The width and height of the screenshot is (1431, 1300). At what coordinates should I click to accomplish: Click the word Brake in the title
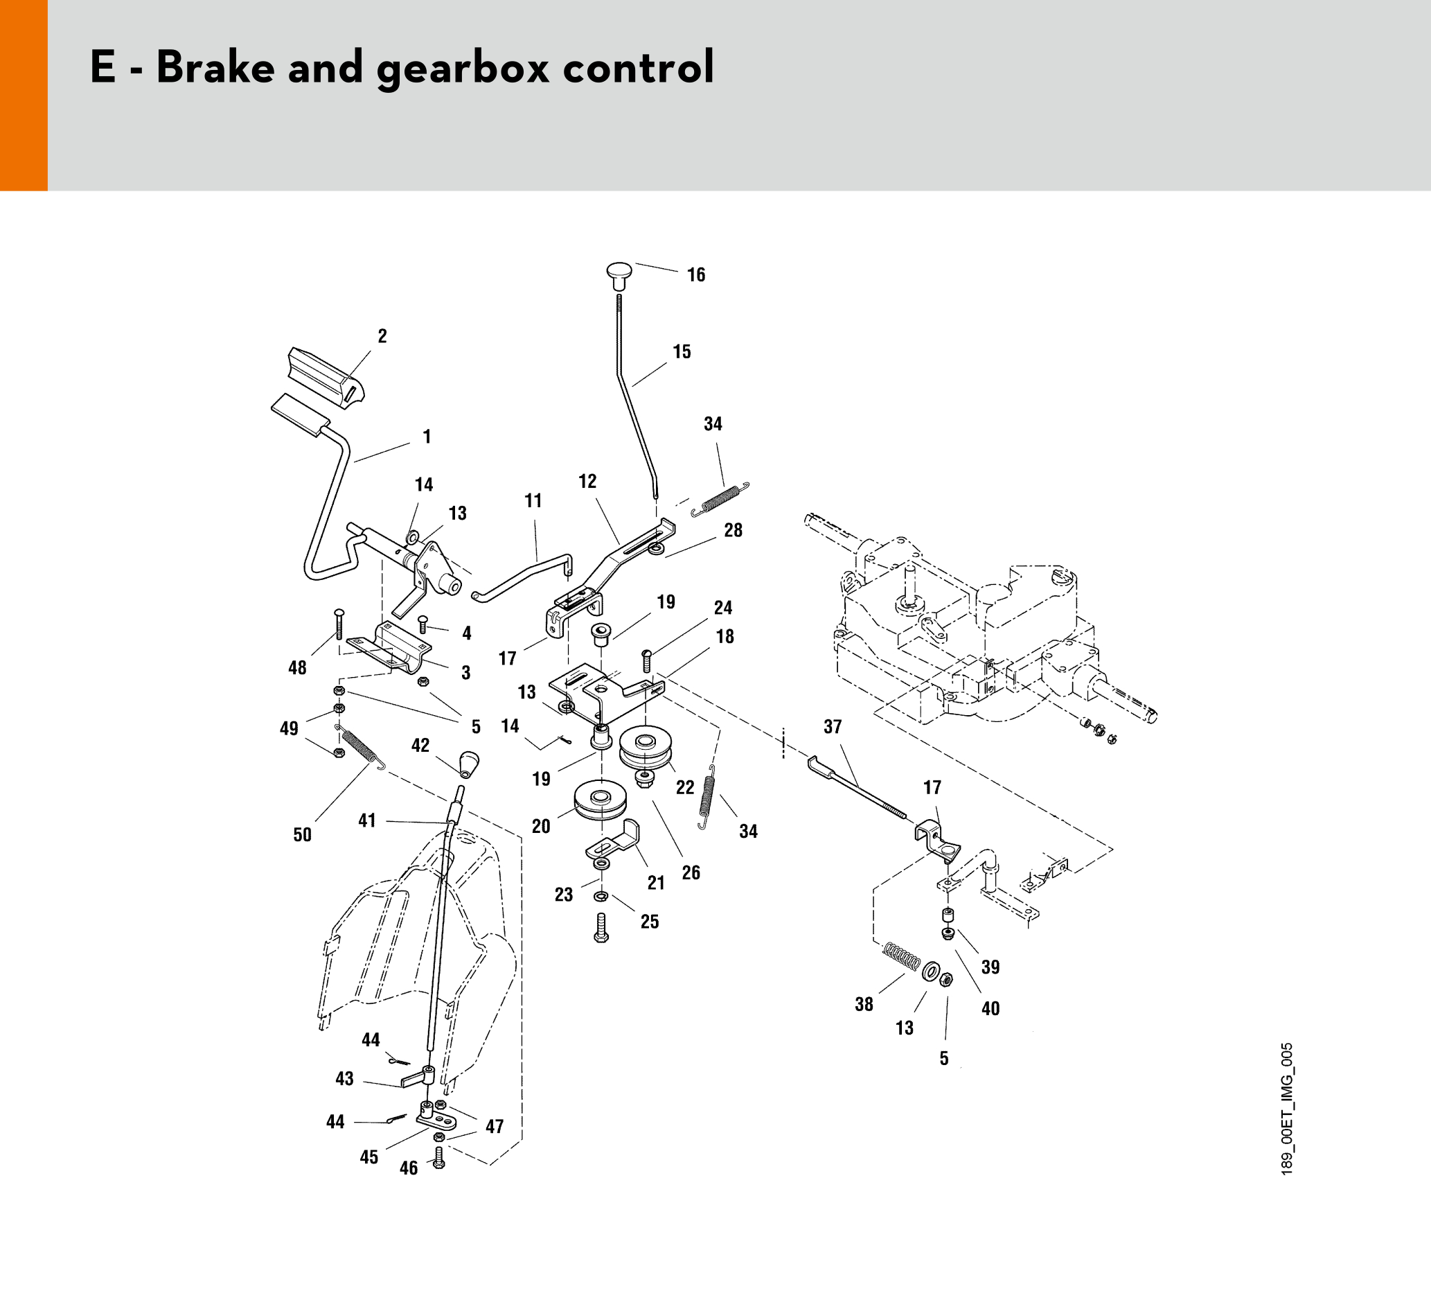pos(215,68)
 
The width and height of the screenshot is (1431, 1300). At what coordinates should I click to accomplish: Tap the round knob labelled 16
pos(619,274)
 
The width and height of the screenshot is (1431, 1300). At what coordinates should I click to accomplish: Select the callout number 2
pos(382,337)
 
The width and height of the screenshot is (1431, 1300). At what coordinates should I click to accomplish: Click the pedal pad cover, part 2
pos(327,376)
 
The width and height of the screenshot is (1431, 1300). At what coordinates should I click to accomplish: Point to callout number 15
pos(682,352)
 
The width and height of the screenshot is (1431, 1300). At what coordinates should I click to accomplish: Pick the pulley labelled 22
pos(645,746)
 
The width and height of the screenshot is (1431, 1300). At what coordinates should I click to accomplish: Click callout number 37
pos(833,727)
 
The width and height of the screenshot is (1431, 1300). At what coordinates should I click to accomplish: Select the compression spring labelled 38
pos(901,958)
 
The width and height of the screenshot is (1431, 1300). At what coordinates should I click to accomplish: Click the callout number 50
pos(303,835)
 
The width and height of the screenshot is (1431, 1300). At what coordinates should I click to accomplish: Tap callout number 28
pos(734,530)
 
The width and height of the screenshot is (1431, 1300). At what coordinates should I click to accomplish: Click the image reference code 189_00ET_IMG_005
pos(1287,1108)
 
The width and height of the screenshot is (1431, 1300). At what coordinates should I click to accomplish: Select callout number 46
pos(409,1168)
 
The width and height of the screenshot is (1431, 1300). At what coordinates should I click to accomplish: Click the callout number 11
pos(533,501)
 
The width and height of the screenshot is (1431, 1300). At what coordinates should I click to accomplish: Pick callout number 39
pos(990,967)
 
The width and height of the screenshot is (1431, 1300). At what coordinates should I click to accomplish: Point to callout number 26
pos(691,872)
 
